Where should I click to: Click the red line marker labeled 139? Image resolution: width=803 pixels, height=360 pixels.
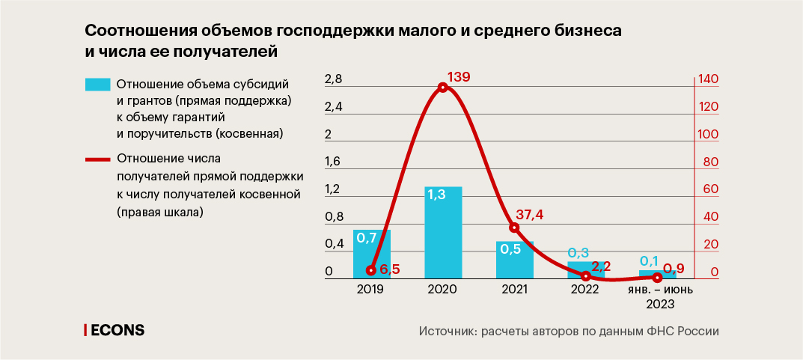443,88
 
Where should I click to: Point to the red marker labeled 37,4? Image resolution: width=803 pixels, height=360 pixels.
514,228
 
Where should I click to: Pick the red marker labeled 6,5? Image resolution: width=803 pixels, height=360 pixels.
371,270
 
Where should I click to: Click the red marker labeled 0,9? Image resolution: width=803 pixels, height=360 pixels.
657,278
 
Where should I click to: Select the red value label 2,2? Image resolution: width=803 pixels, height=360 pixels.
602,266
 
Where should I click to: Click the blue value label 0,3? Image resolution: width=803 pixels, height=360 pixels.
578,253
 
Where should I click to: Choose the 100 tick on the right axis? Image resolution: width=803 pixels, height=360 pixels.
707,135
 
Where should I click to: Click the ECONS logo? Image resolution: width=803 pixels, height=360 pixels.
115,330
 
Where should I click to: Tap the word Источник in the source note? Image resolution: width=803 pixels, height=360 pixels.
445,331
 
